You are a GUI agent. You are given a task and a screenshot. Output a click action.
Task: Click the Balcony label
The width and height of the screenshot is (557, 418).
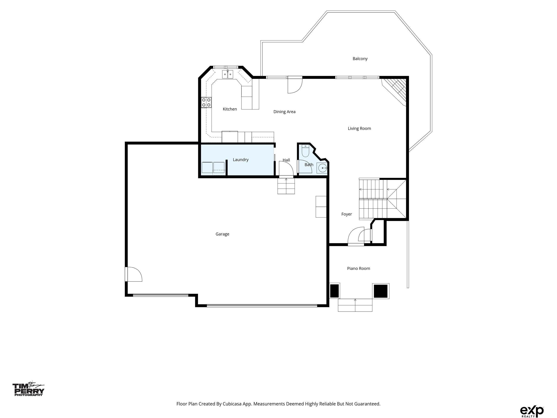click(360, 59)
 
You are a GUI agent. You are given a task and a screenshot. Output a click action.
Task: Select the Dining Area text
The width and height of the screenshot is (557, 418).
click(284, 112)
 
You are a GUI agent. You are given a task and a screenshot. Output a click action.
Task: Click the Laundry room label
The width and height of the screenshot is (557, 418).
click(240, 160)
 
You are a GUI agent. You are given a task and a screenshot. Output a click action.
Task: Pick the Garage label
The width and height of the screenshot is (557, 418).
click(222, 234)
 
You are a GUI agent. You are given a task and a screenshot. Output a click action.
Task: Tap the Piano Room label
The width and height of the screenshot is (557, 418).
click(358, 268)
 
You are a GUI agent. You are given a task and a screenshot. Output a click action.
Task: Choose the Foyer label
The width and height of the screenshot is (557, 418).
click(346, 214)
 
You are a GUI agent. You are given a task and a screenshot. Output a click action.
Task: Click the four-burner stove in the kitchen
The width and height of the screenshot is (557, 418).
click(206, 103)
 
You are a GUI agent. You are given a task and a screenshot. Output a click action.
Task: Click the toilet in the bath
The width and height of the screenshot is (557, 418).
click(305, 151)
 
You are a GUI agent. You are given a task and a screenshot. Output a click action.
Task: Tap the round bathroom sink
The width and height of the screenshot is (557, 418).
click(322, 168)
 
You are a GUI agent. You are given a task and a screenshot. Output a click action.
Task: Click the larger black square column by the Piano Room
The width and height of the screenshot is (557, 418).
click(381, 291)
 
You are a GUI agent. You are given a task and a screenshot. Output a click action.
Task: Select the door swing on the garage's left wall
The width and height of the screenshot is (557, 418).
click(134, 274)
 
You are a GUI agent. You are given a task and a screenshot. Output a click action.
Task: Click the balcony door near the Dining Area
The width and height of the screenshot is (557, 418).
click(295, 85)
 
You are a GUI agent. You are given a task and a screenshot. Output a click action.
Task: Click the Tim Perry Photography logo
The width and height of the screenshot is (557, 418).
click(29, 389)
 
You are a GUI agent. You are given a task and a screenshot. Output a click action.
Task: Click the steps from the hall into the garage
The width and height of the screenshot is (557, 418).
click(286, 186)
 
